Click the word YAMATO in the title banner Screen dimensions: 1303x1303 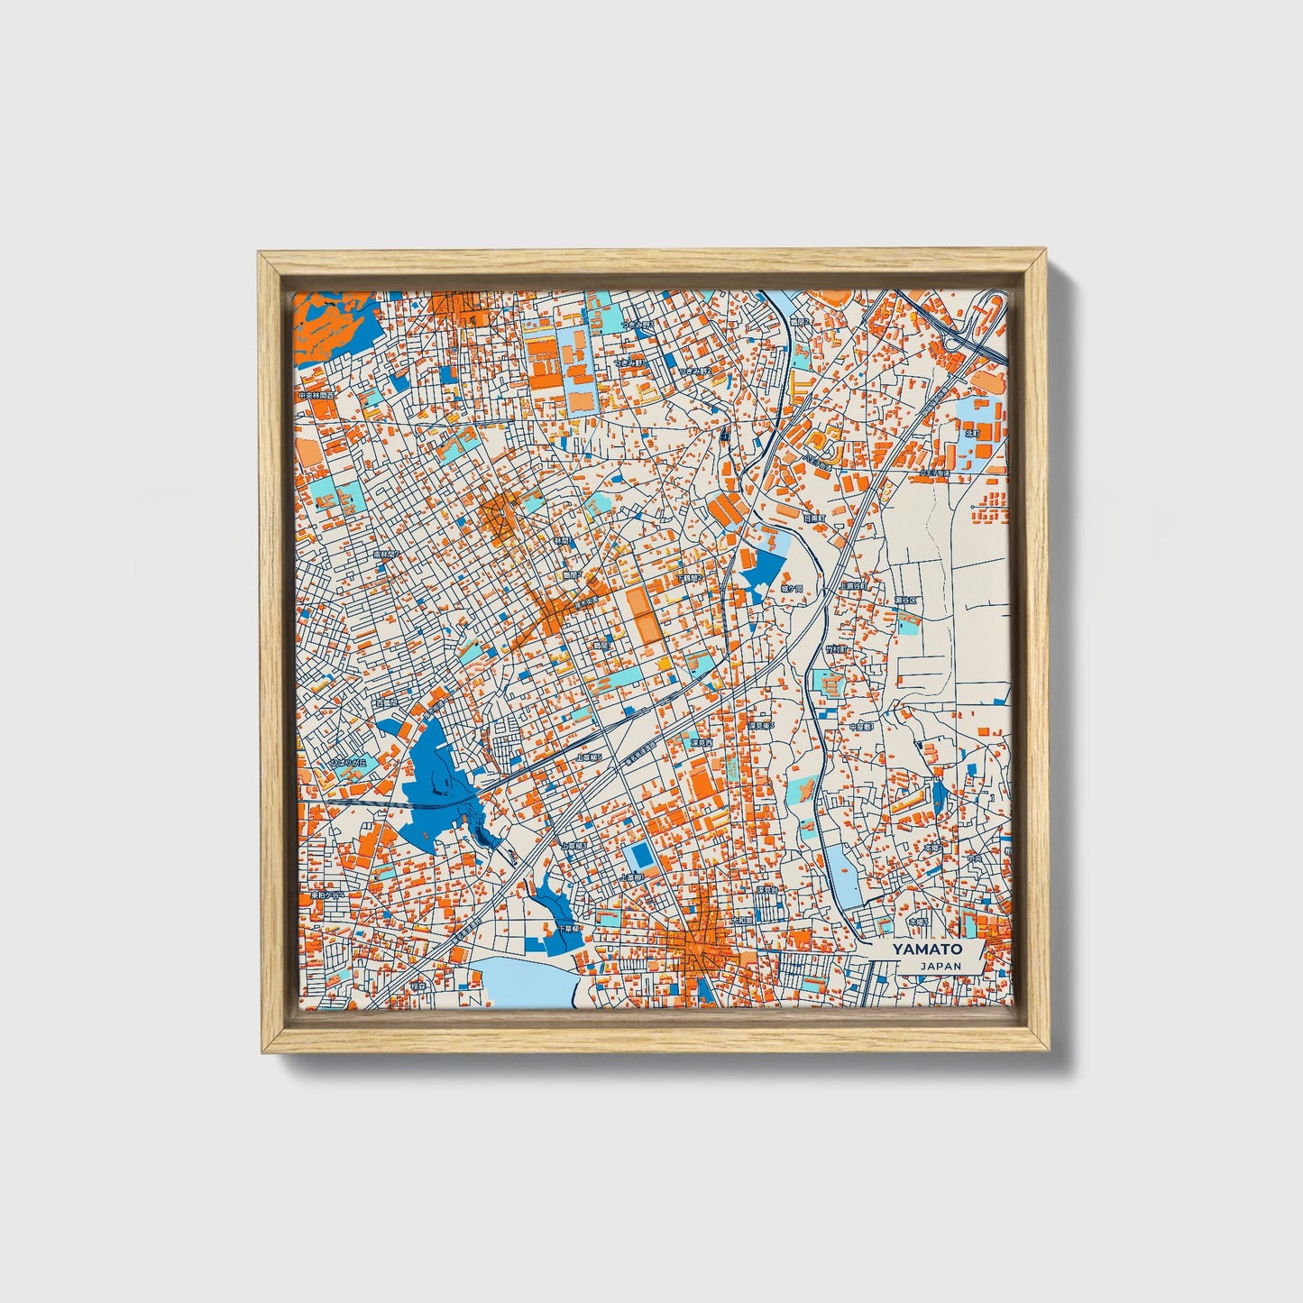tap(927, 949)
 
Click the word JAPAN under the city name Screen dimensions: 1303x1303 tap(941, 966)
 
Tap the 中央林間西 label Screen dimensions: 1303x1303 tap(317, 396)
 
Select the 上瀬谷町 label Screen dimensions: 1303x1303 tap(852, 585)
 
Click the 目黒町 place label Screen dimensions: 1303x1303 tap(814, 518)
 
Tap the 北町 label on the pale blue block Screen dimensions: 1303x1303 tap(972, 433)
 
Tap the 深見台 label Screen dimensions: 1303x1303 tap(767, 890)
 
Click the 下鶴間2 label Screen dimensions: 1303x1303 tap(688, 577)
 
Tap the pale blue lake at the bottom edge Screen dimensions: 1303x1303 tap(523, 983)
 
